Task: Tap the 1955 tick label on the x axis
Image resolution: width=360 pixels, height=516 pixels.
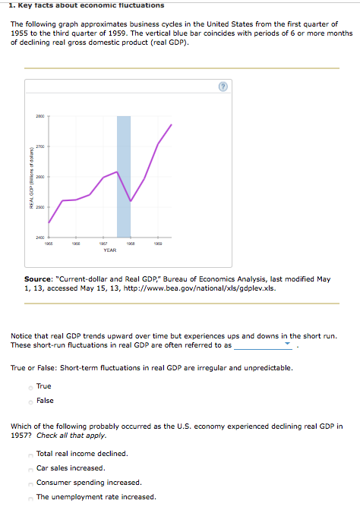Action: tap(49, 244)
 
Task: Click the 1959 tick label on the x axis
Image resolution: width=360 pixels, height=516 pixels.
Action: tap(158, 244)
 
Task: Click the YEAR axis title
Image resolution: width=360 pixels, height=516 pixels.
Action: tap(109, 250)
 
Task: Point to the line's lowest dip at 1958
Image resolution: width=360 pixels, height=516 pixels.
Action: tap(131, 201)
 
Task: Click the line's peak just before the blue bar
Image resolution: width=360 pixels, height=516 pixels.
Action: tap(117, 171)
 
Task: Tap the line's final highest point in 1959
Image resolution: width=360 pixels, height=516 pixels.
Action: tap(172, 124)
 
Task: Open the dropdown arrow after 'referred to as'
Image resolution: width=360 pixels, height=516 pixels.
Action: tap(288, 345)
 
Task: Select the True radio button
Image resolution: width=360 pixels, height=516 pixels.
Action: tap(30, 387)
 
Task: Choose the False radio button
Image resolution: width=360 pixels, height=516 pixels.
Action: tap(30, 401)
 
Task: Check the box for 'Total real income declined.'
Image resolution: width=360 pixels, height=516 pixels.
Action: tap(30, 454)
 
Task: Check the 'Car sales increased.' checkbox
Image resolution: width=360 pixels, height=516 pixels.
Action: tap(30, 468)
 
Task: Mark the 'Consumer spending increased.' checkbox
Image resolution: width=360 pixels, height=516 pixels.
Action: tap(30, 483)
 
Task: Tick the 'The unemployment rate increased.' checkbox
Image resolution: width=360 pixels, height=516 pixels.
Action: tap(30, 497)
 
